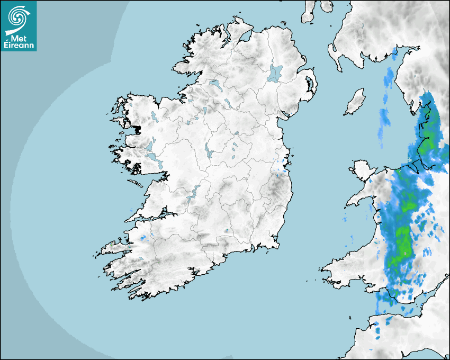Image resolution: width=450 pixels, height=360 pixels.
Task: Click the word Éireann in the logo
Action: tap(19, 46)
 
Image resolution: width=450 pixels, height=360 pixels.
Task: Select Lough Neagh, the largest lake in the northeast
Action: tap(275, 73)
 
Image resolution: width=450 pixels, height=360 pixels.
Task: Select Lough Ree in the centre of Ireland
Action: tap(208, 150)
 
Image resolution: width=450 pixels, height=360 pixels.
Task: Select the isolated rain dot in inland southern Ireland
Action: tap(227, 230)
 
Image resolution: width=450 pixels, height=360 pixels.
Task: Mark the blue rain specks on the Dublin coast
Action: tap(284, 161)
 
